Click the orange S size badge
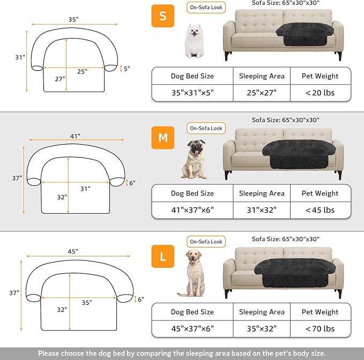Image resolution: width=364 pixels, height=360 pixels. click(163, 16)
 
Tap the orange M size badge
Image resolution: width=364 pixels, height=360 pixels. click(163, 138)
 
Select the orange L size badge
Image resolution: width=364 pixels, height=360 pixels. click(163, 257)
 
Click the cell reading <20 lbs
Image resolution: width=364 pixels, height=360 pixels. click(320, 92)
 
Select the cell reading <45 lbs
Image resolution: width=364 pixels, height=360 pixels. click(320, 210)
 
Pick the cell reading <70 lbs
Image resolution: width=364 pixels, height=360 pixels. click(320, 328)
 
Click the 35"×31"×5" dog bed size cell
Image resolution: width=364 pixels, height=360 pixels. click(192, 92)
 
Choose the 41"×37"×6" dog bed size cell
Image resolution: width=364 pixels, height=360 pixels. click(192, 210)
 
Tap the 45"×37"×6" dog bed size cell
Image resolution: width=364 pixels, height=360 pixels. click(192, 328)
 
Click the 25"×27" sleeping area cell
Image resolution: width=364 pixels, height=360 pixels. click(262, 92)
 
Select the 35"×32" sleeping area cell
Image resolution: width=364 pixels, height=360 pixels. click(262, 328)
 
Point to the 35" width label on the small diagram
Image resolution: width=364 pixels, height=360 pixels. click(73, 19)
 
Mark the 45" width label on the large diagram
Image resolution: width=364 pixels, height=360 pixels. click(73, 251)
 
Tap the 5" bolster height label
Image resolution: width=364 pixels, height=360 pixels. click(127, 69)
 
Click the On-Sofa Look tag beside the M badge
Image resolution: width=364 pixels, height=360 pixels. click(206, 129)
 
